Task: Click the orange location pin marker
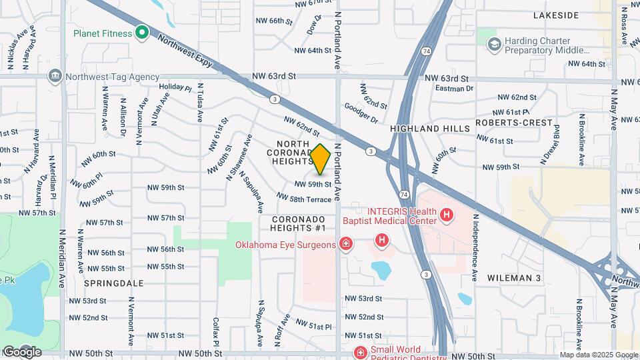(x=321, y=159)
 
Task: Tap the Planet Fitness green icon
(x=141, y=31)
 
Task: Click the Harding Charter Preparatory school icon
(x=494, y=45)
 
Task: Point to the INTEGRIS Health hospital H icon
(x=447, y=215)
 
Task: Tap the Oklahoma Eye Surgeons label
(x=285, y=245)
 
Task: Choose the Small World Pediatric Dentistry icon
(x=360, y=352)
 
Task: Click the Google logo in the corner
(x=21, y=351)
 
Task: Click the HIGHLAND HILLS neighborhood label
(x=425, y=128)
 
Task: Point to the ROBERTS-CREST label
(x=514, y=123)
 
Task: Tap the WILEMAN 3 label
(x=513, y=277)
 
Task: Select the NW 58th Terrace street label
(x=303, y=198)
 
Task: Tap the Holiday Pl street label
(x=175, y=87)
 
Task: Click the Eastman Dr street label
(x=453, y=88)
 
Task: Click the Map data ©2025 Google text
(x=598, y=355)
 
